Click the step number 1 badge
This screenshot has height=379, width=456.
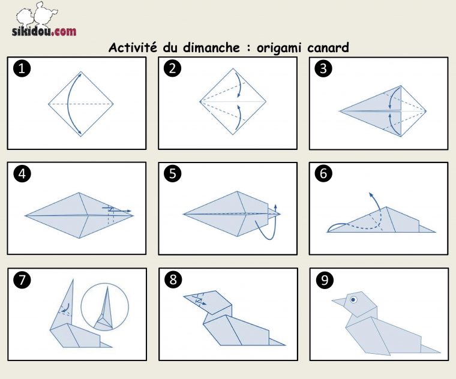click(22, 68)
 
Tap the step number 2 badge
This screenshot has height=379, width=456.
click(172, 68)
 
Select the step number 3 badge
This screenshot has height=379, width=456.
click(323, 68)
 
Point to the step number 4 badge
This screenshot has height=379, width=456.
click(22, 174)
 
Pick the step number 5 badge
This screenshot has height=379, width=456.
click(172, 174)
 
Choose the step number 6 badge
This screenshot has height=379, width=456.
click(323, 174)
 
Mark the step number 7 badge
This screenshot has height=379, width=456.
click(22, 280)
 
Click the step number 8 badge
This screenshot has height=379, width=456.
click(173, 280)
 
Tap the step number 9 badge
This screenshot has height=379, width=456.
click(324, 280)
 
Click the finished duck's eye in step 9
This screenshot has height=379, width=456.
click(353, 299)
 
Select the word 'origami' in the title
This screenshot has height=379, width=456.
click(278, 48)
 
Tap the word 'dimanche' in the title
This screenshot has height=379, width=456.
click(211, 47)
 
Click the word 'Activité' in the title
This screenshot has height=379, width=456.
click(133, 47)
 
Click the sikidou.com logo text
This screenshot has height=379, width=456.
click(44, 31)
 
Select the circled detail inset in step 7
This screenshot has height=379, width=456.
click(104, 307)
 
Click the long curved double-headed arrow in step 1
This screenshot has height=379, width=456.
click(68, 104)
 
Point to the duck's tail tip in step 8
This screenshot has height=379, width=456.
click(285, 345)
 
